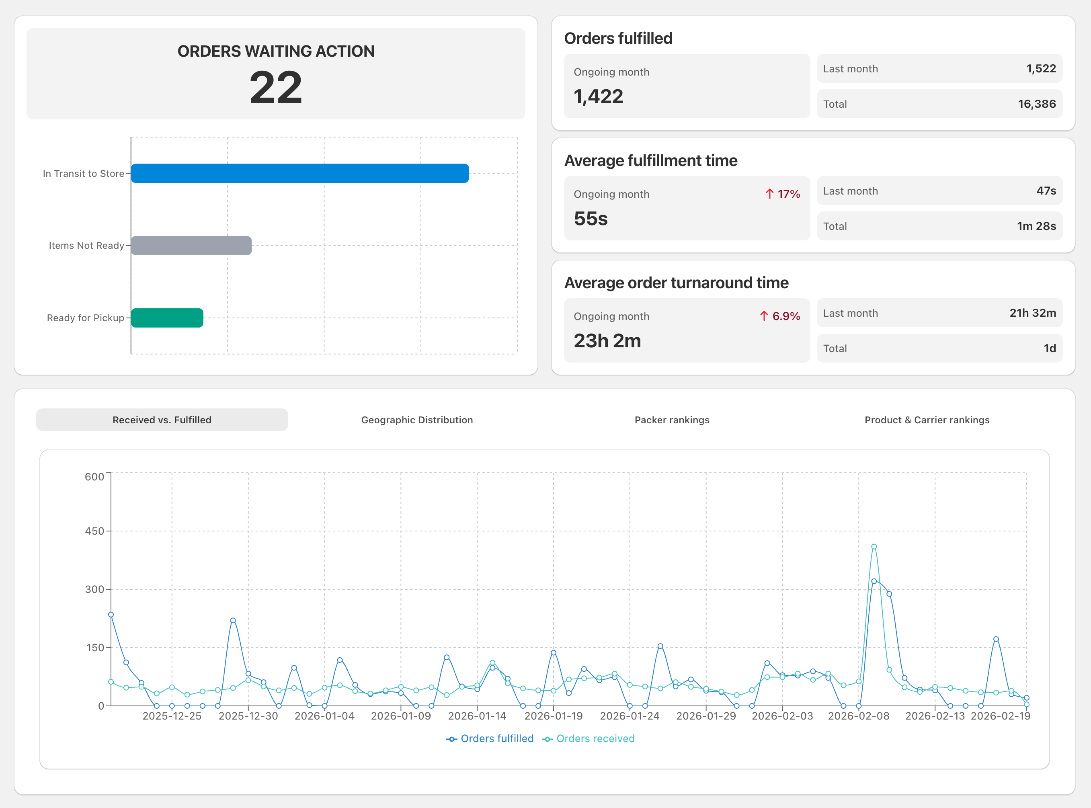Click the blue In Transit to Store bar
(300, 173)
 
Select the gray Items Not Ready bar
(191, 246)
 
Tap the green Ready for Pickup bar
(167, 318)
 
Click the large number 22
(276, 88)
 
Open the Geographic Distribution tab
(417, 420)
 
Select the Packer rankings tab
(672, 420)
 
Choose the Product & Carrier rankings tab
(927, 420)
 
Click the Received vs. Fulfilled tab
(162, 420)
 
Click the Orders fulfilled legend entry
(490, 738)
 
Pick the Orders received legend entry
(588, 738)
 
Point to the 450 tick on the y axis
(94, 531)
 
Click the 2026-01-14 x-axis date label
(477, 716)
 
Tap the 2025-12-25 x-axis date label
(172, 716)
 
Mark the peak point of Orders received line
(874, 547)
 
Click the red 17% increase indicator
(782, 194)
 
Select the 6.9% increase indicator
(780, 316)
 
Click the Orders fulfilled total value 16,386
(1037, 104)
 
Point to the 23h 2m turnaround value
(607, 341)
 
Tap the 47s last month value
(1046, 191)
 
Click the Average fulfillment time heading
(651, 160)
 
